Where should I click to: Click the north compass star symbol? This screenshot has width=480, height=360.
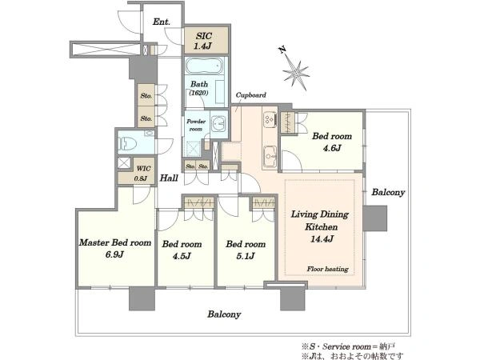click(x=295, y=73)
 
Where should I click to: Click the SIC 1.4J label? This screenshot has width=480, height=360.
click(x=203, y=41)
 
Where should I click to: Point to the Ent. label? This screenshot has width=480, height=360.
click(x=162, y=22)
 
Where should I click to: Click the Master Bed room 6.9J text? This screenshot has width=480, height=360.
click(x=115, y=248)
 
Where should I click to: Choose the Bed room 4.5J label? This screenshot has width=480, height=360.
click(x=182, y=250)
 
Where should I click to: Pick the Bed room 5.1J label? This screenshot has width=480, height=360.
click(x=246, y=250)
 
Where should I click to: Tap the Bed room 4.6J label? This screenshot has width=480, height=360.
click(x=332, y=142)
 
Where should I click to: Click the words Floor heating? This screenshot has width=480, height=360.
click(x=327, y=269)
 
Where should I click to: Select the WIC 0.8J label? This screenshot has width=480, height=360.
click(x=142, y=174)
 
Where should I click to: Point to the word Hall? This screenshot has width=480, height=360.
click(x=169, y=178)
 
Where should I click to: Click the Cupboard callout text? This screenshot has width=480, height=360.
click(x=250, y=95)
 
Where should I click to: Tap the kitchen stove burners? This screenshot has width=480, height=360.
click(x=270, y=119)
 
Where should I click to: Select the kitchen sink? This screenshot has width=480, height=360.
click(x=270, y=157)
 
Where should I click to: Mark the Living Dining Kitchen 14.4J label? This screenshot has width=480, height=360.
click(x=320, y=226)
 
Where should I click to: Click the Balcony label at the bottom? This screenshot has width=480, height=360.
click(x=224, y=314)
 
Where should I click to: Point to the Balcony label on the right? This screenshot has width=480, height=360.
click(x=388, y=192)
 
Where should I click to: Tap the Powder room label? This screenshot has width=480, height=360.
click(x=196, y=126)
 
